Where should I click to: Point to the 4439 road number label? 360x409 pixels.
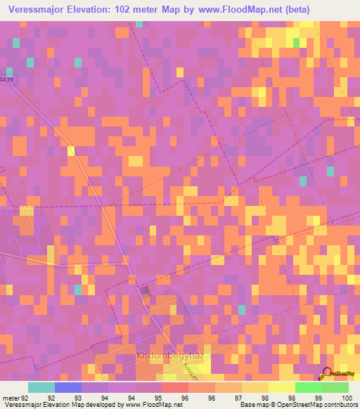6,81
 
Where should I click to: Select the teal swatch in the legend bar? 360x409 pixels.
41,387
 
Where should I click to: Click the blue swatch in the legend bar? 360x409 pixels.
68,387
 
